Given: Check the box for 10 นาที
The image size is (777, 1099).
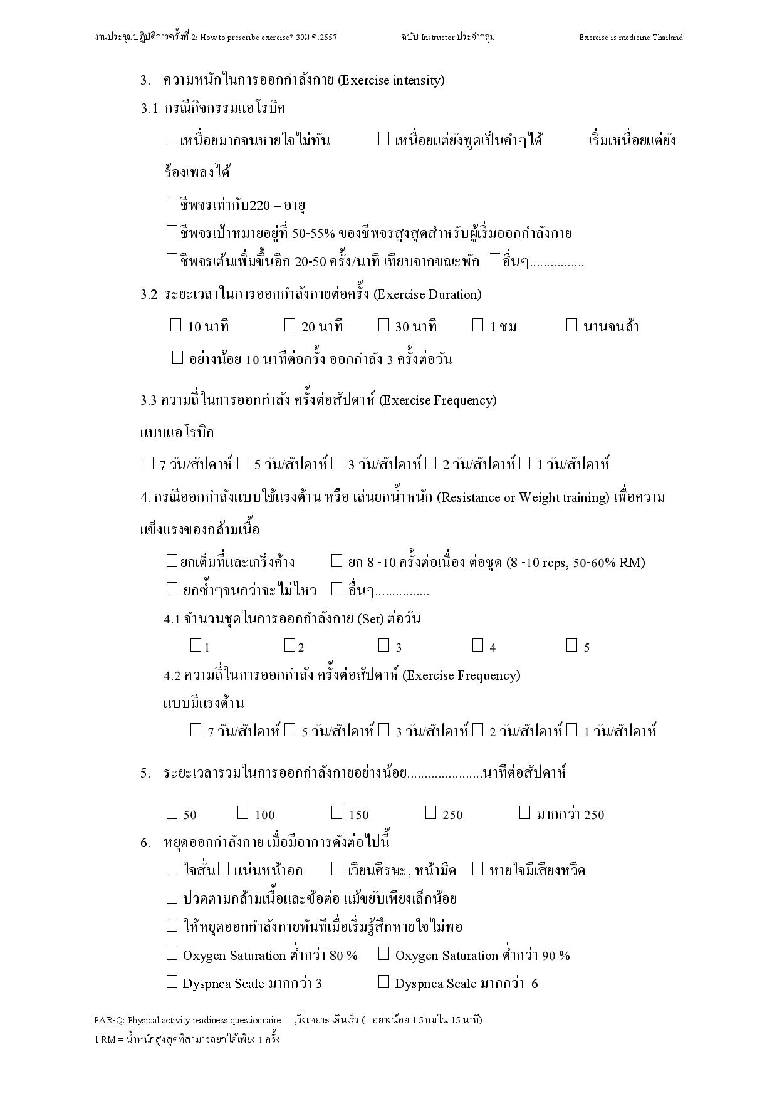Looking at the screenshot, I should (x=175, y=325).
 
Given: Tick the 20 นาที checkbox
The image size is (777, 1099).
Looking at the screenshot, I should (x=289, y=325).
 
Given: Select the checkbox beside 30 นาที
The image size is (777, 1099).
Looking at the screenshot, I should (x=383, y=325).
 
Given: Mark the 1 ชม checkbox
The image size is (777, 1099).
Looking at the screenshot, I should (x=478, y=325).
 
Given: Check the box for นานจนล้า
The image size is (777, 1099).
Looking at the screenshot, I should (x=571, y=325).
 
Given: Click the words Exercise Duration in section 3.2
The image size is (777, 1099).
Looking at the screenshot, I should (x=427, y=294).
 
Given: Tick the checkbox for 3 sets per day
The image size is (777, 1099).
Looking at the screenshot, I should (x=383, y=645).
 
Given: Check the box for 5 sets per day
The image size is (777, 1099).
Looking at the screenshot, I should (x=571, y=645).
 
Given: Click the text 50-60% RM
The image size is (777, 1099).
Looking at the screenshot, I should (x=608, y=562).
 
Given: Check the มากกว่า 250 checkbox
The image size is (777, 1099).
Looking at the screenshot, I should (x=525, y=813).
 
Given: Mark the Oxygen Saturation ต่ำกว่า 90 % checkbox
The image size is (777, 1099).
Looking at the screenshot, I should (x=384, y=954).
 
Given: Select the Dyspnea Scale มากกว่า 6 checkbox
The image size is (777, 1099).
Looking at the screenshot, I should (x=384, y=982).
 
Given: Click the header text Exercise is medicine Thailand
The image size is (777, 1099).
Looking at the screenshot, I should (x=630, y=38).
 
